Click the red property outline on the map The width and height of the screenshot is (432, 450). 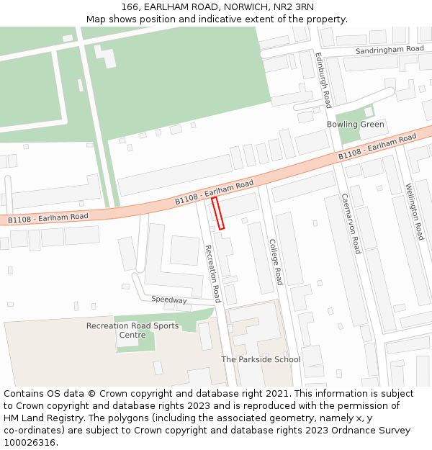tap(218, 213)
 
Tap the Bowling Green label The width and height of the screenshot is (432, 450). tap(355, 125)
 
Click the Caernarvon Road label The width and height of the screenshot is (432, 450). tap(351, 223)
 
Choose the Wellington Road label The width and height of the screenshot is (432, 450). tap(415, 212)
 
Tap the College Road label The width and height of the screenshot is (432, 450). tap(275, 261)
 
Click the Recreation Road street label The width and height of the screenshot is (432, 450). tap(212, 274)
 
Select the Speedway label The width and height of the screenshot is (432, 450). tap(169, 300)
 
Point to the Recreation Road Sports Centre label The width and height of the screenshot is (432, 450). tap(132, 330)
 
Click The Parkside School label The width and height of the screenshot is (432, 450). tap(261, 359)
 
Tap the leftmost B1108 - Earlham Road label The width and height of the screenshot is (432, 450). tap(48, 217)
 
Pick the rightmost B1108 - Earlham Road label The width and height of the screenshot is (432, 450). tap(377, 147)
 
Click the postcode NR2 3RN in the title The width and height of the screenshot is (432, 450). tap(293, 7)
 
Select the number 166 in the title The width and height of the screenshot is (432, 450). tap(130, 7)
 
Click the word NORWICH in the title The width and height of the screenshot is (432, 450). tap(240, 7)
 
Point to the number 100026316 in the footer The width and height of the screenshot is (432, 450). tap(31, 443)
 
